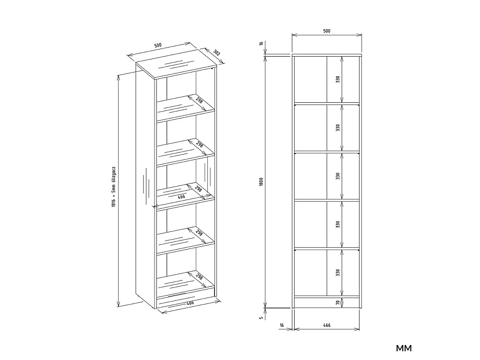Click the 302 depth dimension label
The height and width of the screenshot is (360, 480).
[216, 53]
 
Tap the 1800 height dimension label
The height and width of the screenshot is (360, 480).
[261, 182]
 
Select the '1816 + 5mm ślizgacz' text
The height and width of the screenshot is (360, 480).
[113, 187]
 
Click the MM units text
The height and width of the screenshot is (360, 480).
[404, 348]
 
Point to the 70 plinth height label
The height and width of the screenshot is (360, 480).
[337, 303]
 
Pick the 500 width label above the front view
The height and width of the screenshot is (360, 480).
[326, 31]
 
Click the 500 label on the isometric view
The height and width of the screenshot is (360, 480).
[157, 45]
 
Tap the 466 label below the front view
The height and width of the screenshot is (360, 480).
[326, 325]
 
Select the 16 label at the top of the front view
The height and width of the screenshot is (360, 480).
[261, 44]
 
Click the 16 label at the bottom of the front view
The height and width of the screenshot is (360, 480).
[282, 325]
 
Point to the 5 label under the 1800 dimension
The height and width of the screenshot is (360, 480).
[261, 318]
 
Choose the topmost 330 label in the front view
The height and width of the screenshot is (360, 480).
[337, 79]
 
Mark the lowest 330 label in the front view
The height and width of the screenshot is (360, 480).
[337, 273]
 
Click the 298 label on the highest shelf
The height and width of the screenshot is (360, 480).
[199, 100]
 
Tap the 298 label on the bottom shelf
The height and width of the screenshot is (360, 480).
[199, 277]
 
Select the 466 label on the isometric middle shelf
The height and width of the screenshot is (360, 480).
[181, 196]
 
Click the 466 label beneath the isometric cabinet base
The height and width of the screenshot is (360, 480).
[190, 303]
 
